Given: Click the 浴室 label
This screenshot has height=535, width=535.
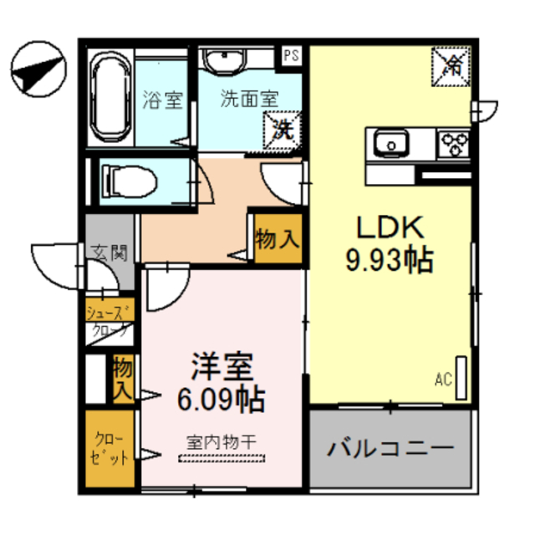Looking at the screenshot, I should click(x=163, y=99).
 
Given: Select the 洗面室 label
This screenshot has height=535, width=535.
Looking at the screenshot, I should click(x=248, y=98).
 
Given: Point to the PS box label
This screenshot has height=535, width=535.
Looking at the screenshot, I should click(x=291, y=56).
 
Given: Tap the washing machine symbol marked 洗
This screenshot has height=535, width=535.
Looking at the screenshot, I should click(x=283, y=130).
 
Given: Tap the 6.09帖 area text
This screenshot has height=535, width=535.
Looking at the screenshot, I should click(x=221, y=399).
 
